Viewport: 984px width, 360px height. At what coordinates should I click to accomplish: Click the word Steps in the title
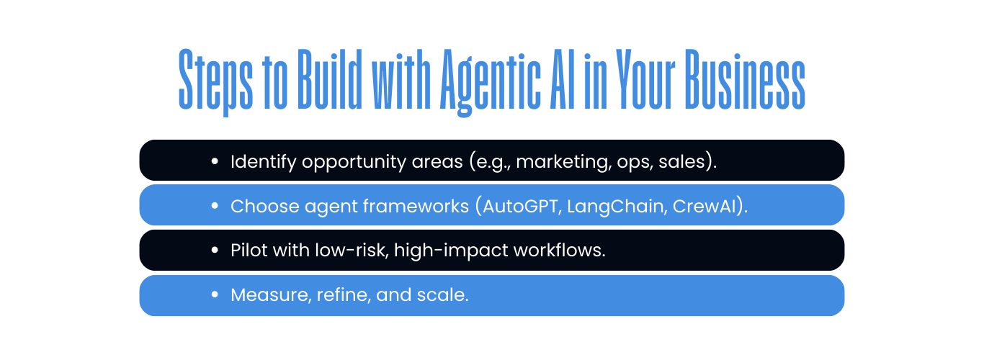[215, 81]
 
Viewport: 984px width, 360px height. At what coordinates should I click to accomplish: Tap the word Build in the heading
[330, 79]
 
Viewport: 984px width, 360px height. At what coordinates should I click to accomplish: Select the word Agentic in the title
[491, 83]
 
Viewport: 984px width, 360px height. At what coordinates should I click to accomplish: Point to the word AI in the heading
[563, 79]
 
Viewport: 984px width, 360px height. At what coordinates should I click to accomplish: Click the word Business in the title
[745, 79]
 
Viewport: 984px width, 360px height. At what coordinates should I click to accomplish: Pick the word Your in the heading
[645, 79]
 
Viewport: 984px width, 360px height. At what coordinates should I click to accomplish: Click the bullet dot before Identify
[215, 161]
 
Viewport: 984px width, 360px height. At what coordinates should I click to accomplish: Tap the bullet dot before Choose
[215, 205]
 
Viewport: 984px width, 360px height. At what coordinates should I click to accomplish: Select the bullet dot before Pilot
[215, 250]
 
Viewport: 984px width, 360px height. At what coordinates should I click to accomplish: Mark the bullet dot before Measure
[215, 294]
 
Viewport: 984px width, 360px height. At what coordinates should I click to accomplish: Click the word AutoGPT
[520, 206]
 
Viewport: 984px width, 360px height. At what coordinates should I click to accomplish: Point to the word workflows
[557, 251]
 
